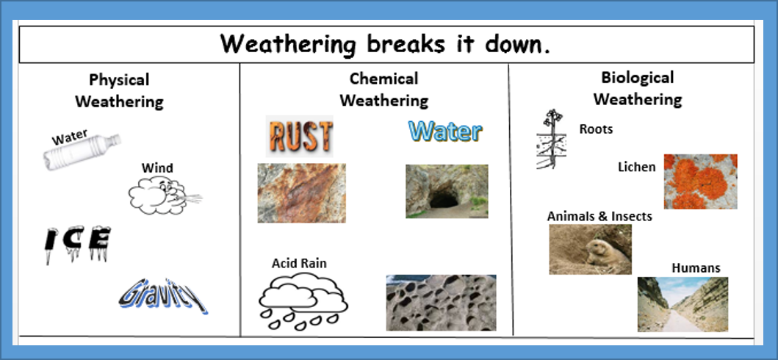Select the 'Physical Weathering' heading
coord(119,90)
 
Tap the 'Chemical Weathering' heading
coord(383,89)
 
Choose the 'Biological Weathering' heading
coord(637,88)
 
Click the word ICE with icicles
coord(77,243)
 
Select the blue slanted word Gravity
coord(163,295)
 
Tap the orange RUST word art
coord(300,136)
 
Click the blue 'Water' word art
coord(445,132)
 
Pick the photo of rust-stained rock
coord(301,193)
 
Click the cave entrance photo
coord(447,191)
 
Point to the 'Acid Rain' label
coord(299,263)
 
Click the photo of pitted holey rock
coord(441,303)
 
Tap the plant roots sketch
coord(551,140)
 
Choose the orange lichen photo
coord(700,181)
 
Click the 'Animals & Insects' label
coord(599,217)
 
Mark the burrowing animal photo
coord(590,249)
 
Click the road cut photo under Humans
coord(672,304)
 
